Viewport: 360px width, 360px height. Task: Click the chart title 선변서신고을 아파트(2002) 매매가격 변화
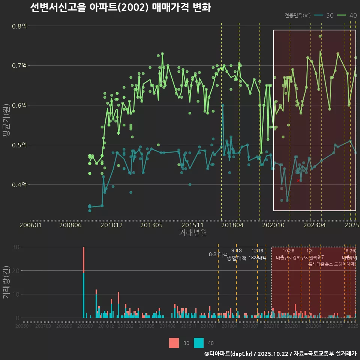pos(120,7)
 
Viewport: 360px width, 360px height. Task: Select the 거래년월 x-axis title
pos(193,233)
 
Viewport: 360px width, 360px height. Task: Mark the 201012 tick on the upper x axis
pos(108,225)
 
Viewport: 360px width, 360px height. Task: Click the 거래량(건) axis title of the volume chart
pos(6,282)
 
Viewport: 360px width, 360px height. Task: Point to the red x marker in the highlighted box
pos(298,181)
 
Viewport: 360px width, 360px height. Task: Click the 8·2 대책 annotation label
pos(218,254)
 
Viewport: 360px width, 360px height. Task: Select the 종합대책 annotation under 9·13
pos(237,258)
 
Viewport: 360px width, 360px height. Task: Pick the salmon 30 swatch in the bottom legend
pos(174,343)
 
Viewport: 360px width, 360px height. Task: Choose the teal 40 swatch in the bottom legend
pos(199,343)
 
